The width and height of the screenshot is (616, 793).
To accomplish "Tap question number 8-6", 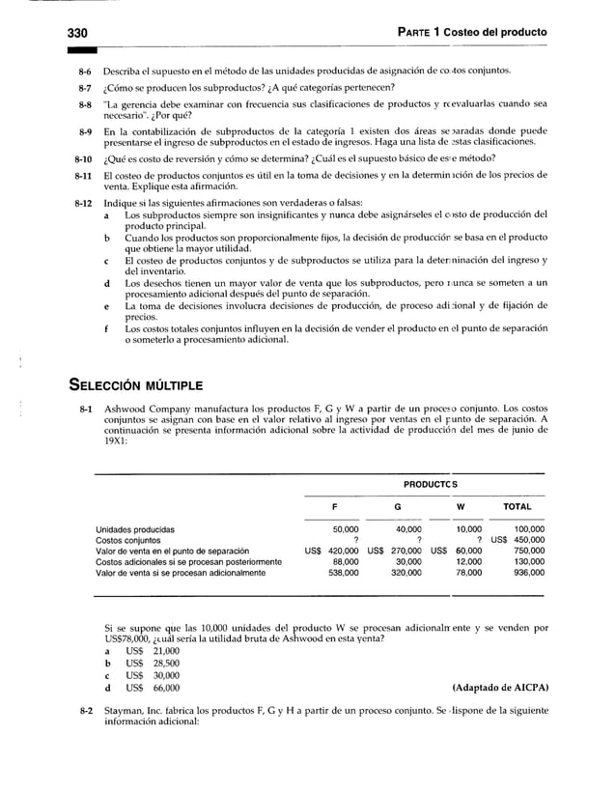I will point(85,71).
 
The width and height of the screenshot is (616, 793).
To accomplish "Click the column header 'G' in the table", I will point(398,505).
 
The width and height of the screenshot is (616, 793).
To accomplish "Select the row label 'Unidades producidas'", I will point(135,529).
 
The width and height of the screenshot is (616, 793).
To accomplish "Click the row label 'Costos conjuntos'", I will point(128,540).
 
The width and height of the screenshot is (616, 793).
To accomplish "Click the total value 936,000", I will point(528,572).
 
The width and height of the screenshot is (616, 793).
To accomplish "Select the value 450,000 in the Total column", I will point(528,540).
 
